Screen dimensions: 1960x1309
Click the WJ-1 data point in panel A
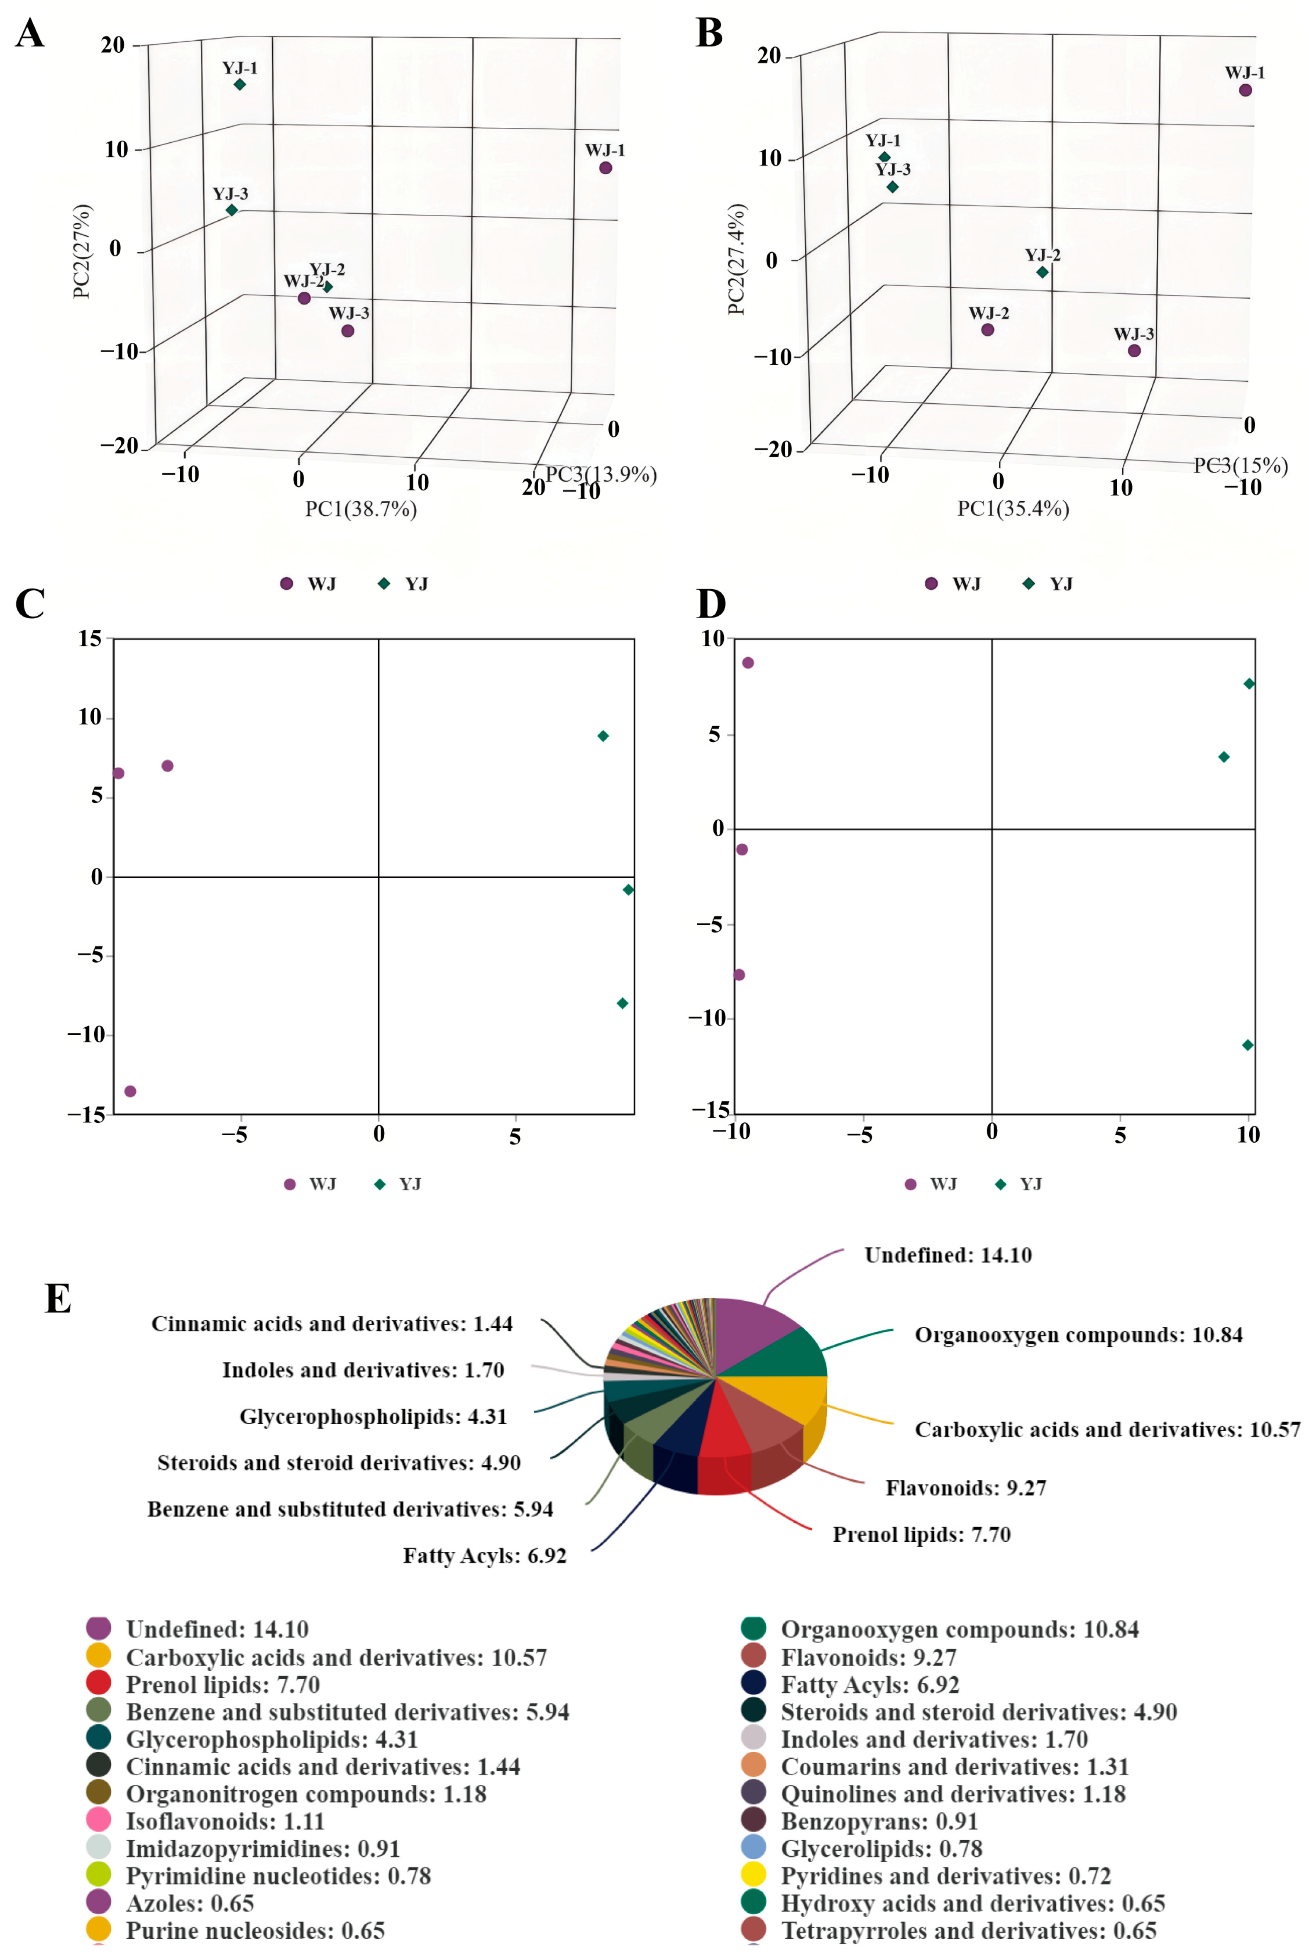[605, 168]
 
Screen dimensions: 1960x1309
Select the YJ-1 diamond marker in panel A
[239, 84]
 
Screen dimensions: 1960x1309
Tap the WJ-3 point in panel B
[1134, 351]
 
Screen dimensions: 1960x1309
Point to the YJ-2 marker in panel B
[1042, 272]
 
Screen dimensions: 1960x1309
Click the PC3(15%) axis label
[1241, 466]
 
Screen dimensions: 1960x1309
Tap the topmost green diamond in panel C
[603, 736]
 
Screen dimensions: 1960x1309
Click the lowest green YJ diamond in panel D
[1247, 1045]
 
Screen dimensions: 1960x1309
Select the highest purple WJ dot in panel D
[748, 663]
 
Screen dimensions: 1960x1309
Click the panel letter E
[58, 1298]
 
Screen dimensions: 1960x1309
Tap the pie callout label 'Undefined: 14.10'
[948, 1255]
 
